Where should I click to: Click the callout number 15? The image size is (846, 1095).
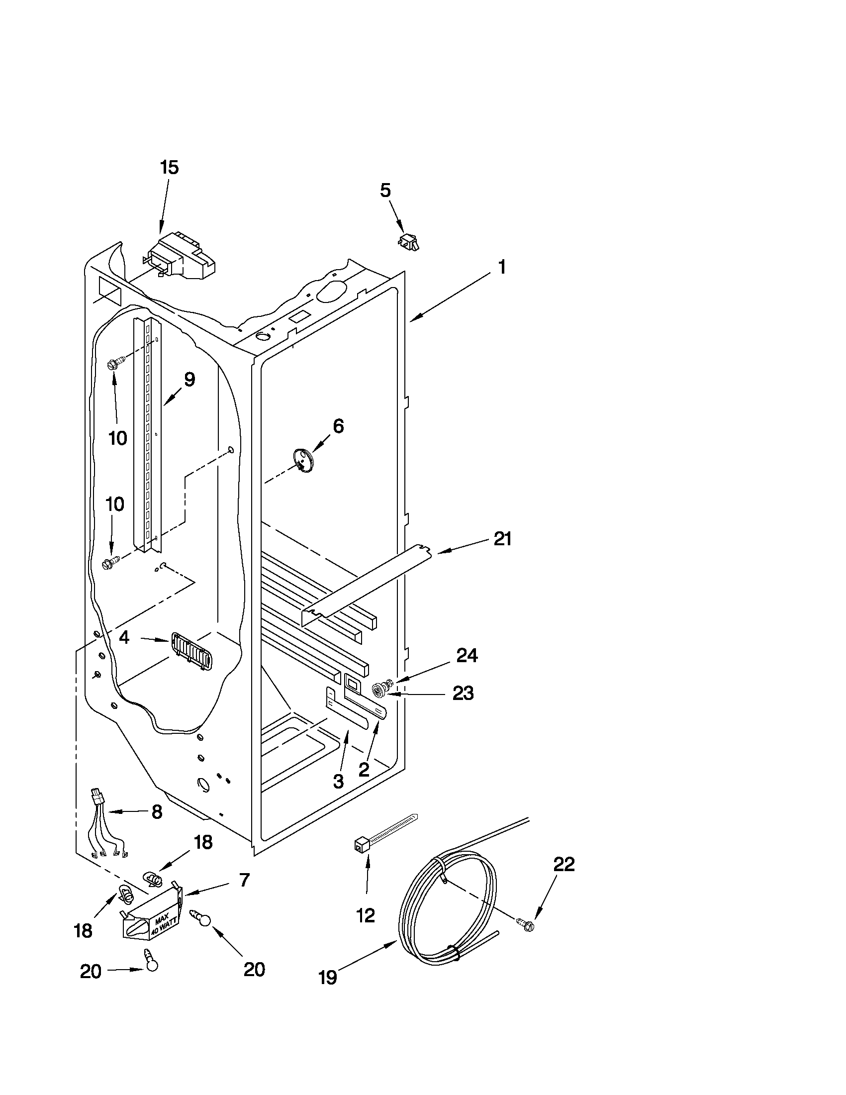170,167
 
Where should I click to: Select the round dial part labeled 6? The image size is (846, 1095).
303,460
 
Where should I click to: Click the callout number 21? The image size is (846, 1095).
502,539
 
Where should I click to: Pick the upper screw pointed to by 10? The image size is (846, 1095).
114,363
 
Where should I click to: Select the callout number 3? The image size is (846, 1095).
338,781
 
